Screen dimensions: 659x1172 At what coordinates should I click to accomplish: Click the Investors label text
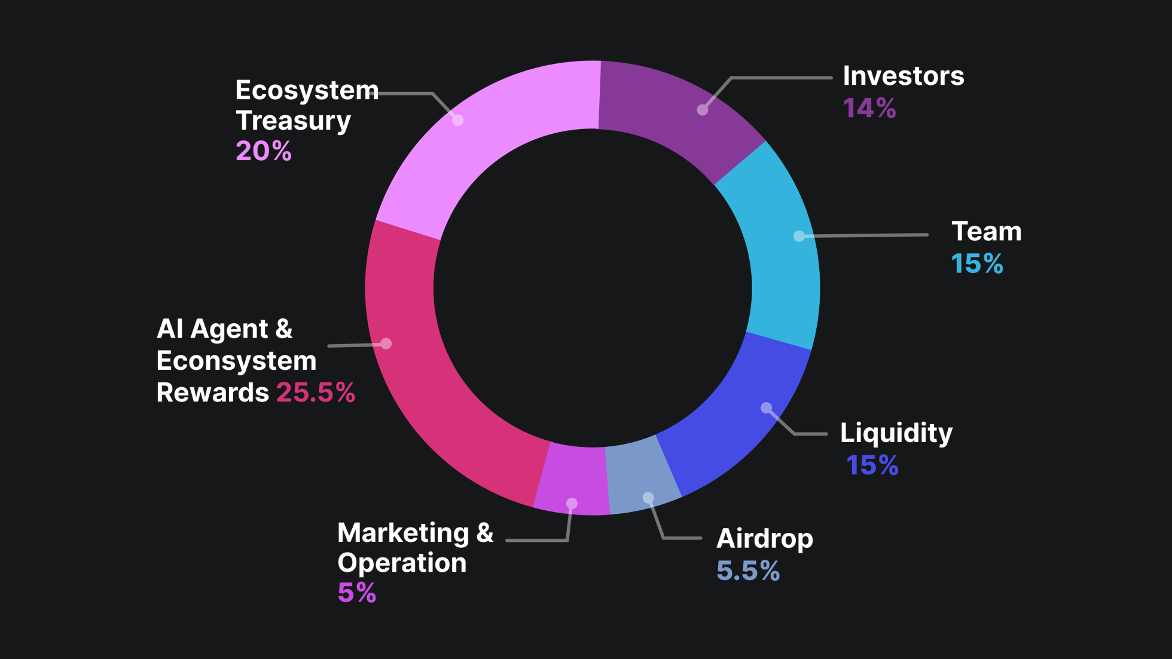[903, 76]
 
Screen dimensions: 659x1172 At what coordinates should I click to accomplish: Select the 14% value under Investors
[869, 108]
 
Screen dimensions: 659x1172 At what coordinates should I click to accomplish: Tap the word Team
[986, 232]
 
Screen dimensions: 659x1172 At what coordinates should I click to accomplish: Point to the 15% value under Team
[976, 263]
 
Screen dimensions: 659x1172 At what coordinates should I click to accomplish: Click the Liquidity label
[896, 433]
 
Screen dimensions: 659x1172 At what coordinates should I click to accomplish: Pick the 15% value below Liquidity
[872, 465]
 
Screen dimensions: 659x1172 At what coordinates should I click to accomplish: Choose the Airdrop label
[764, 539]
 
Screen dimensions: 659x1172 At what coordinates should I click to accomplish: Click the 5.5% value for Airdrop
[747, 571]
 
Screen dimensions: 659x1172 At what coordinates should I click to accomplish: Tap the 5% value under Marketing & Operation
[356, 593]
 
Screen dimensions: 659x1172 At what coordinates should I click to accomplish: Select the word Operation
[402, 563]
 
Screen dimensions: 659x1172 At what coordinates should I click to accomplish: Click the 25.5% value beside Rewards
[315, 393]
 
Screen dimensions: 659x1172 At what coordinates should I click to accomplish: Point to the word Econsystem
[236, 361]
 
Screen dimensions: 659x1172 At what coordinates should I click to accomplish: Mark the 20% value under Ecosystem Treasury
[263, 151]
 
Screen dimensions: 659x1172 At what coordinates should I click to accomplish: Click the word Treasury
[293, 121]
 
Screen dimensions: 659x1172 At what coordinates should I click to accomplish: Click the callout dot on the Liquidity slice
[766, 408]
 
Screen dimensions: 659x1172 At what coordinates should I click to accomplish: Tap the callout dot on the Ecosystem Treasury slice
[457, 119]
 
